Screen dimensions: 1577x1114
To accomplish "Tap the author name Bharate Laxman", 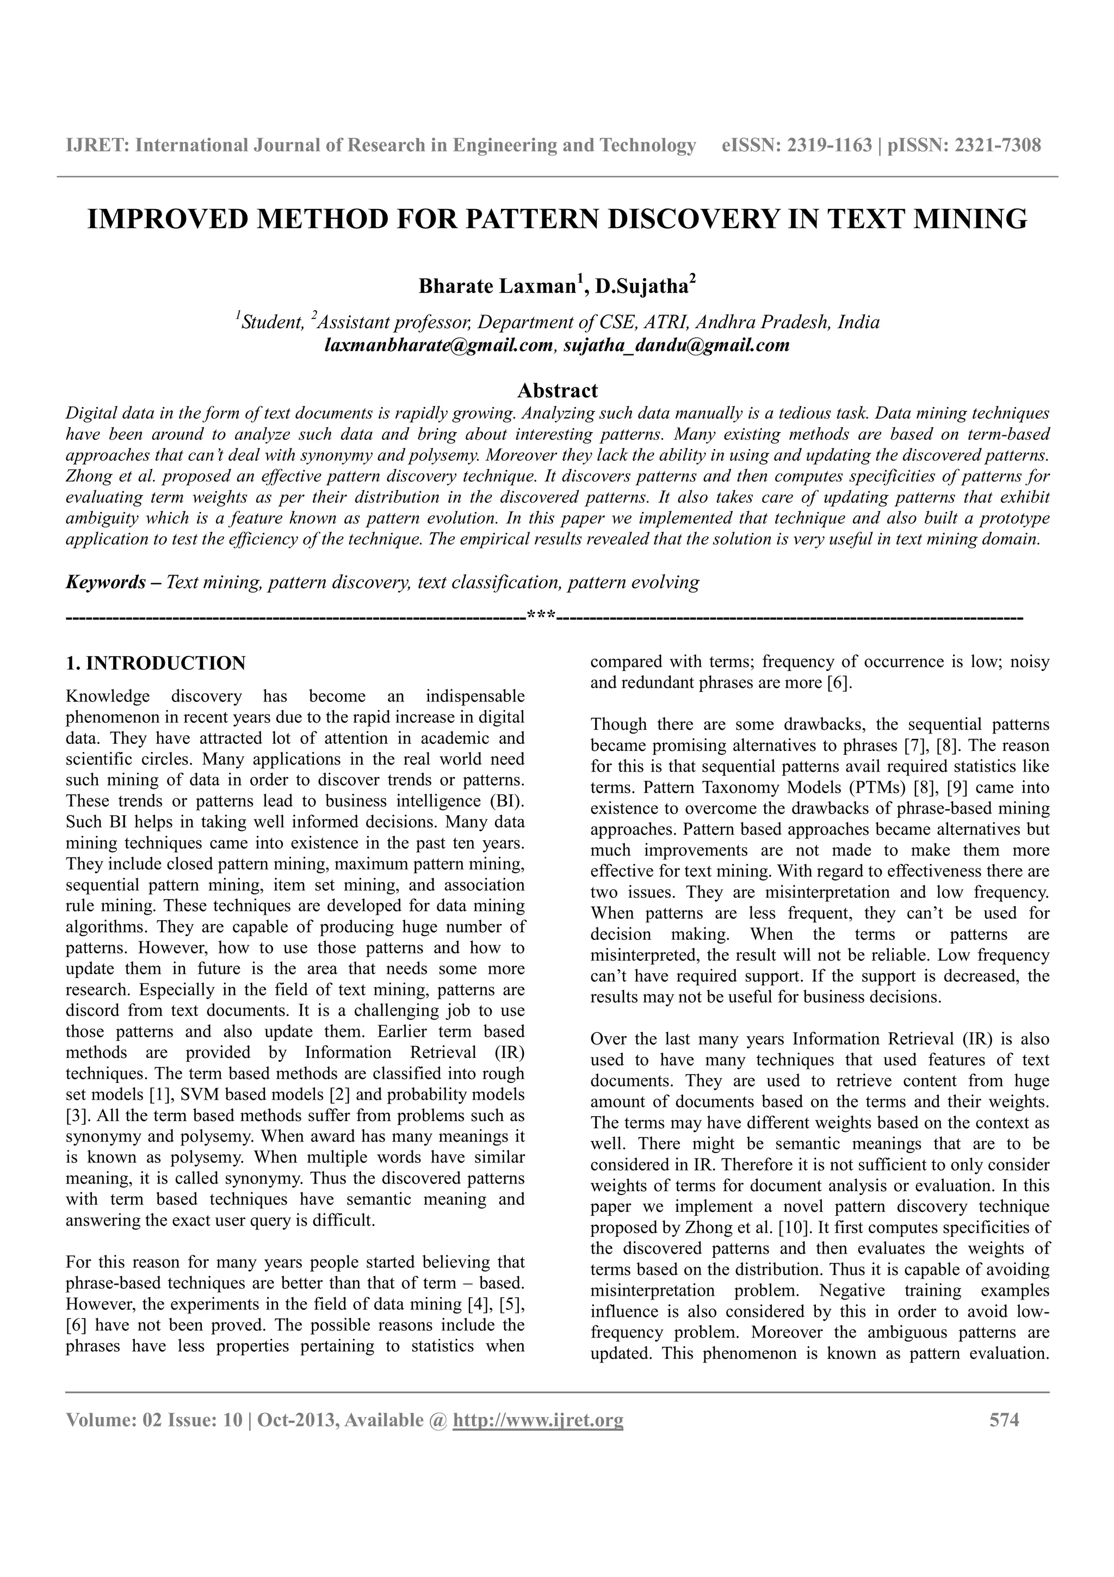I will click(498, 286).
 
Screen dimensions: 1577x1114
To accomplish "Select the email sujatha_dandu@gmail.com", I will click(676, 345).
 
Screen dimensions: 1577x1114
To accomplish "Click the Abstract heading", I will click(558, 391).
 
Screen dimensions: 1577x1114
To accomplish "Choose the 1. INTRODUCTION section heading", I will click(155, 663).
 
